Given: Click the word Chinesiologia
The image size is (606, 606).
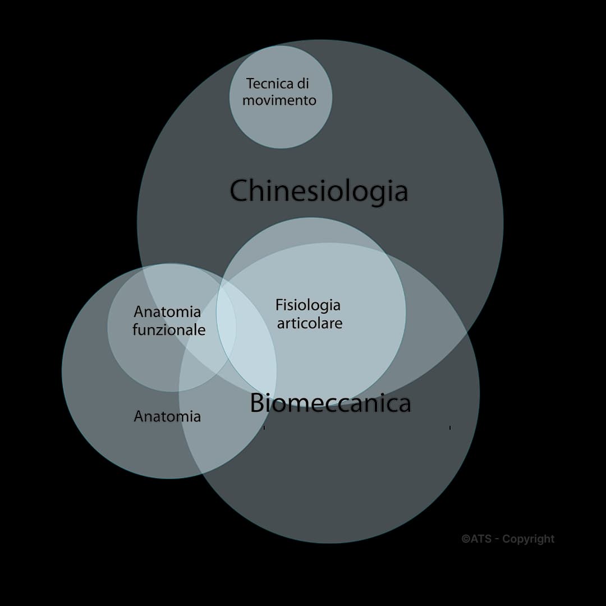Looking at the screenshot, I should point(319,191).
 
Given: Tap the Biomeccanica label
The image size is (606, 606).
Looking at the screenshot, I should point(330,403).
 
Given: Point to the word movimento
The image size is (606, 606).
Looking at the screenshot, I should point(279,100).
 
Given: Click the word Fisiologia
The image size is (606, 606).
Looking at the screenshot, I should point(308,305).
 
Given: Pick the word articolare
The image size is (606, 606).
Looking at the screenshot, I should point(310,324).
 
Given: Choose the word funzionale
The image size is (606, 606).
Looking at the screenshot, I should point(169,330).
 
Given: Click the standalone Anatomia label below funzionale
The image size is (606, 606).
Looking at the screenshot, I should point(167,416).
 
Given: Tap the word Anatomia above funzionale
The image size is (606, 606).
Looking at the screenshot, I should point(167,311).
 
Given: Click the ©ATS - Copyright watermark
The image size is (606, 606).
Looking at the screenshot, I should point(508,539).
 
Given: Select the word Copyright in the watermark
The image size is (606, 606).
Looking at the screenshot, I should point(528,539).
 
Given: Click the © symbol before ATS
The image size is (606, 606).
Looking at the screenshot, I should point(466,539).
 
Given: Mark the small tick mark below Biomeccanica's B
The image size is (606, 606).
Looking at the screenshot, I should point(264,428).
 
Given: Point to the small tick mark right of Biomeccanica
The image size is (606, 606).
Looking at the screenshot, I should point(450,428).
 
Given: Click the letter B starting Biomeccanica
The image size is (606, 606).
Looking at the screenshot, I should point(258,403).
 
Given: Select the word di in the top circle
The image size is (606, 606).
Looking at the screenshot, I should point(303,84).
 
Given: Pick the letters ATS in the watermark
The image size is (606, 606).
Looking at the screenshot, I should point(481,539).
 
